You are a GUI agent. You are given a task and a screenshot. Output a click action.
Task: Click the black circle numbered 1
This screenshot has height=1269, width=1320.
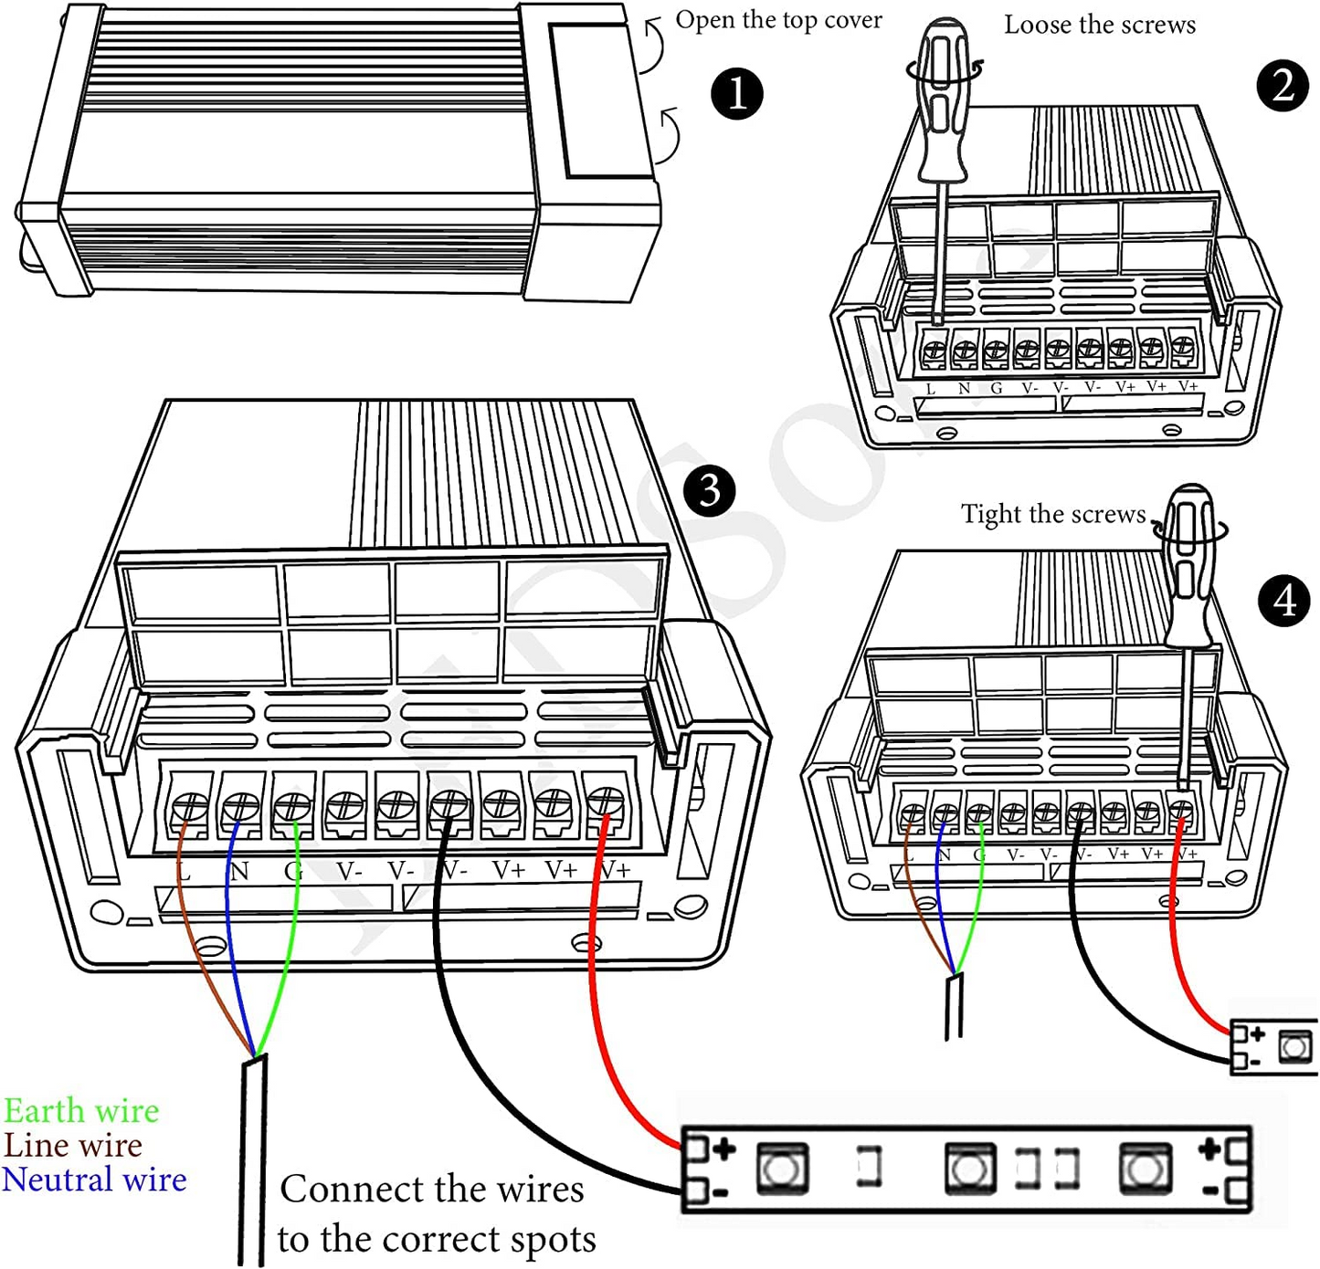736,94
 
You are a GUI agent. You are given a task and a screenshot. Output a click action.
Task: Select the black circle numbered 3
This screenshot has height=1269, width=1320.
710,491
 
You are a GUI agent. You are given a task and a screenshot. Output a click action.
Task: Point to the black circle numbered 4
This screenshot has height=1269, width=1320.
1284,601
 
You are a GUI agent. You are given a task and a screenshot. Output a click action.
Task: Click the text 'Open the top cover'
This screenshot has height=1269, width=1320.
778,20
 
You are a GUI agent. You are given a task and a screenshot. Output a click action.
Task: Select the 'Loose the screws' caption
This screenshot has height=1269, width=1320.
1099,25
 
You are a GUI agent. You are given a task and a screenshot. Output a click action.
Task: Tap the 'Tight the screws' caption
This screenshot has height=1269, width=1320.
1052,514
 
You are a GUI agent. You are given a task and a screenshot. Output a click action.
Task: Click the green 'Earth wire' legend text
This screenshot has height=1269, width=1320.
81,1111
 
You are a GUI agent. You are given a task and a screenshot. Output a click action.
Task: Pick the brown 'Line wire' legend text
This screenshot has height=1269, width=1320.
73,1145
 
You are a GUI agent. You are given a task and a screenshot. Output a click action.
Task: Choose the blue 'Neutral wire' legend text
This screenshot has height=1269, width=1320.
94,1180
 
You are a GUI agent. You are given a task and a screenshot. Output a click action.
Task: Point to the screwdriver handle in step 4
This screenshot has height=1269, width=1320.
1190,566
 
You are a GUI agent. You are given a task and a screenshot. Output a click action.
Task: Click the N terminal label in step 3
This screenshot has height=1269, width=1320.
239,872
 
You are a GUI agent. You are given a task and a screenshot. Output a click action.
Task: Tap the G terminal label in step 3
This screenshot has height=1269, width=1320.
292,872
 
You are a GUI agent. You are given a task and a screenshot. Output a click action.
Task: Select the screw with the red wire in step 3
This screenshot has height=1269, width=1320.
607,802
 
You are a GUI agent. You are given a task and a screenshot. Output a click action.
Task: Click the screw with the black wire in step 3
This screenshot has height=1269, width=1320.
449,804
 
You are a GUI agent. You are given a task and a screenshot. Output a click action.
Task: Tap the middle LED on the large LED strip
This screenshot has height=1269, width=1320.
968,1169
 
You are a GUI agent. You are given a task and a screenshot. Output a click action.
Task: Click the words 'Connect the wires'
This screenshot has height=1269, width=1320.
431,1189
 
